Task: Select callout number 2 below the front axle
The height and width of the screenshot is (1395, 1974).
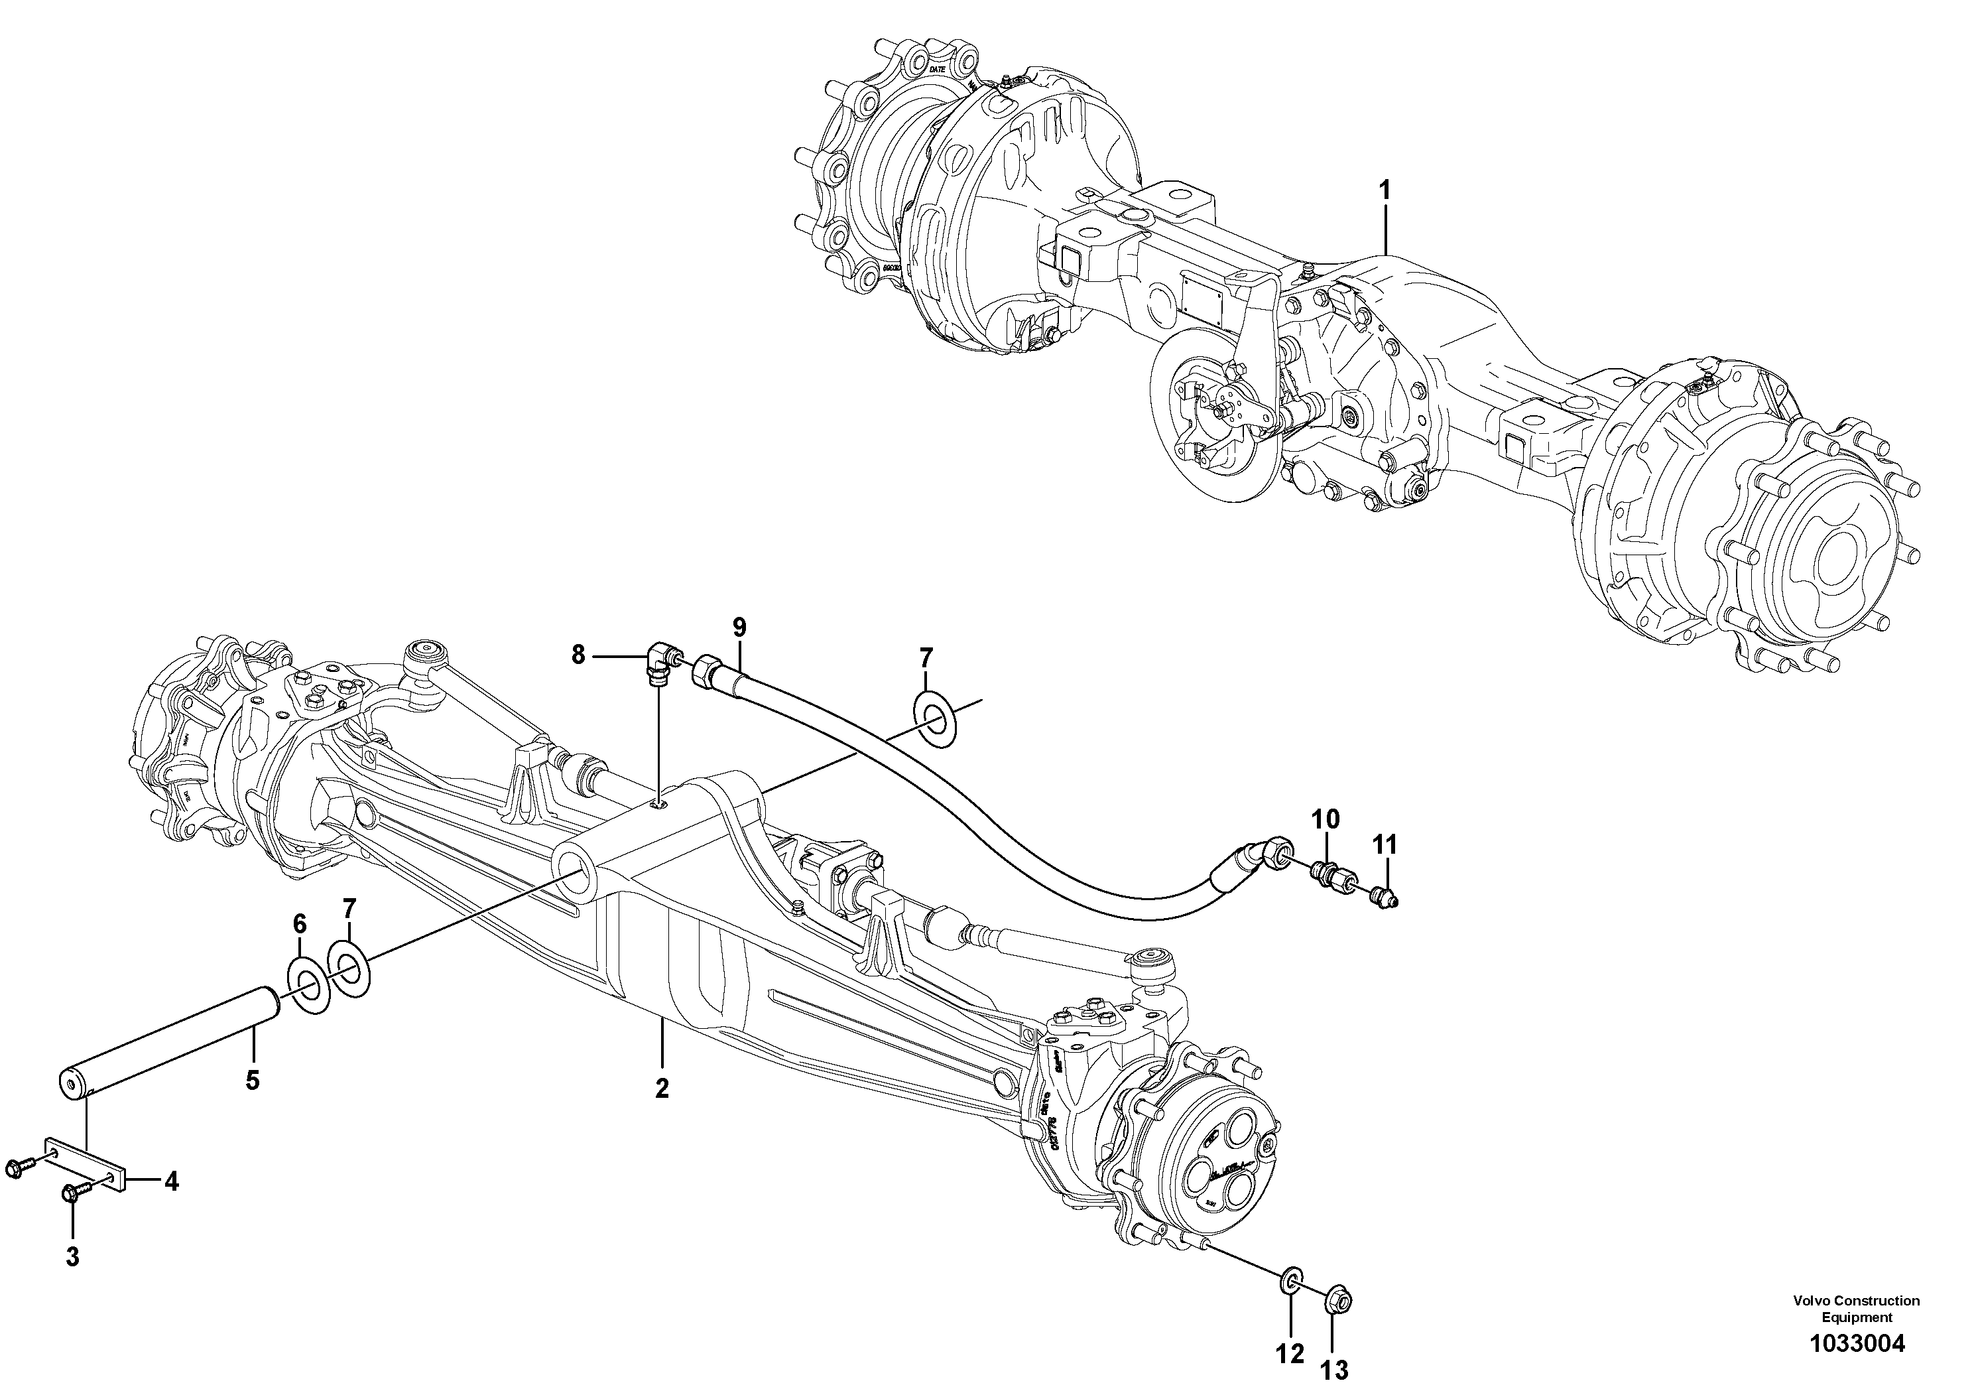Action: click(661, 1089)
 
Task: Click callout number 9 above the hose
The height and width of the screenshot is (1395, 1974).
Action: click(739, 627)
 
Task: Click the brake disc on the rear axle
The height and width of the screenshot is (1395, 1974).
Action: click(1200, 430)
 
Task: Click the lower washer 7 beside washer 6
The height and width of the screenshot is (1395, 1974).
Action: click(349, 968)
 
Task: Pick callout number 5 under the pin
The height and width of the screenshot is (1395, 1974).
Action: click(252, 1080)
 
